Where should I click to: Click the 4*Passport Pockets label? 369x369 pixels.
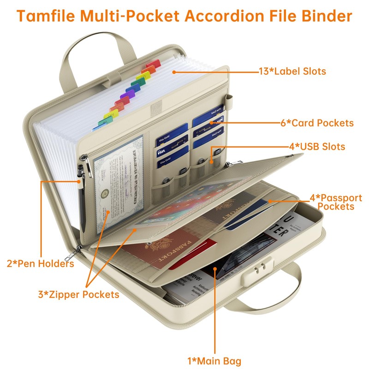coord(335,202)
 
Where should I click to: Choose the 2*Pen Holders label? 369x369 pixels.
coord(40,264)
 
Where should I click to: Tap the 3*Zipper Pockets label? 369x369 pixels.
coord(78,294)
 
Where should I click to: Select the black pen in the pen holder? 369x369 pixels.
coord(82,198)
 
